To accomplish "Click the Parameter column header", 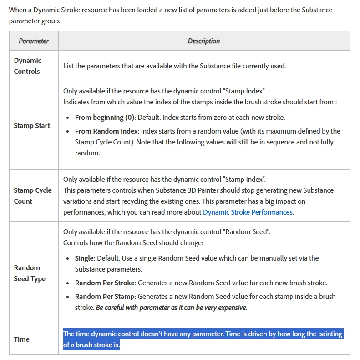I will pos(34,41).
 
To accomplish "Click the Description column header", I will pos(203,41).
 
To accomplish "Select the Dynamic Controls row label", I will pos(27,66).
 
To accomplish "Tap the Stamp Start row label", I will pos(32,125).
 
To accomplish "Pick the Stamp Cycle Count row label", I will pos(33,195).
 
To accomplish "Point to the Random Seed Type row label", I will pos(30,273).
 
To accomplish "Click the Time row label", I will pos(21,339).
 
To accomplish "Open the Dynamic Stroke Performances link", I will pos(248,212).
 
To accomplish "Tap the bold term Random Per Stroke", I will pos(105,283).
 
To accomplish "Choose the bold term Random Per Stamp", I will pos(105,296).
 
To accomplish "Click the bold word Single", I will pos(85,258).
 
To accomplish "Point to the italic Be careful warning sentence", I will pos(171,307).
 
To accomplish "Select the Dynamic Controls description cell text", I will pos(174,66).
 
